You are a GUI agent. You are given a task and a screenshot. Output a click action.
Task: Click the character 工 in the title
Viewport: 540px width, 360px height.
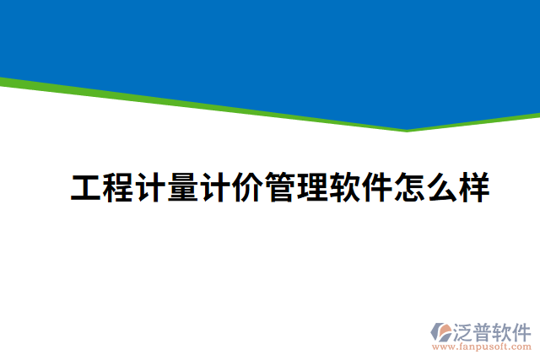[85, 187]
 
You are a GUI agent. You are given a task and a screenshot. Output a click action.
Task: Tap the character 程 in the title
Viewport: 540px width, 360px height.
[117, 187]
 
